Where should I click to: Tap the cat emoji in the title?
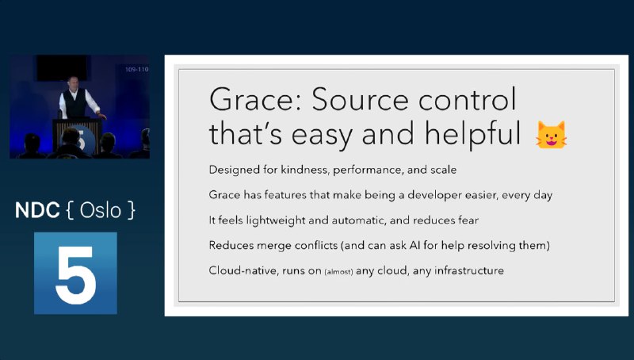(552, 135)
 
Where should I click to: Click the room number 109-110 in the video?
(136, 70)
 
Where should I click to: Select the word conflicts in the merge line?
(298, 246)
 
